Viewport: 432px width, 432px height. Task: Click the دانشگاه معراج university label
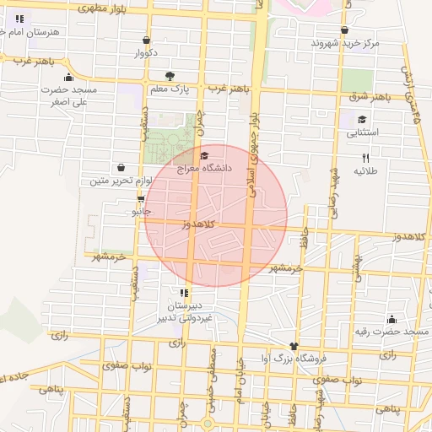(204, 169)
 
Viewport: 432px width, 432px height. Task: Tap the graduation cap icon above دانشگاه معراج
(203, 155)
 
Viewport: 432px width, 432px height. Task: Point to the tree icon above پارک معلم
(171, 75)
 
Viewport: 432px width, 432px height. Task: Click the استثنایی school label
(363, 132)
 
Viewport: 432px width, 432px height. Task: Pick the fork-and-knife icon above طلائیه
(365, 158)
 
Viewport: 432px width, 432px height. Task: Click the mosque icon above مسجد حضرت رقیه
(391, 319)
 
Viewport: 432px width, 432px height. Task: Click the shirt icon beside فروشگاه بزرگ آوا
(294, 345)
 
